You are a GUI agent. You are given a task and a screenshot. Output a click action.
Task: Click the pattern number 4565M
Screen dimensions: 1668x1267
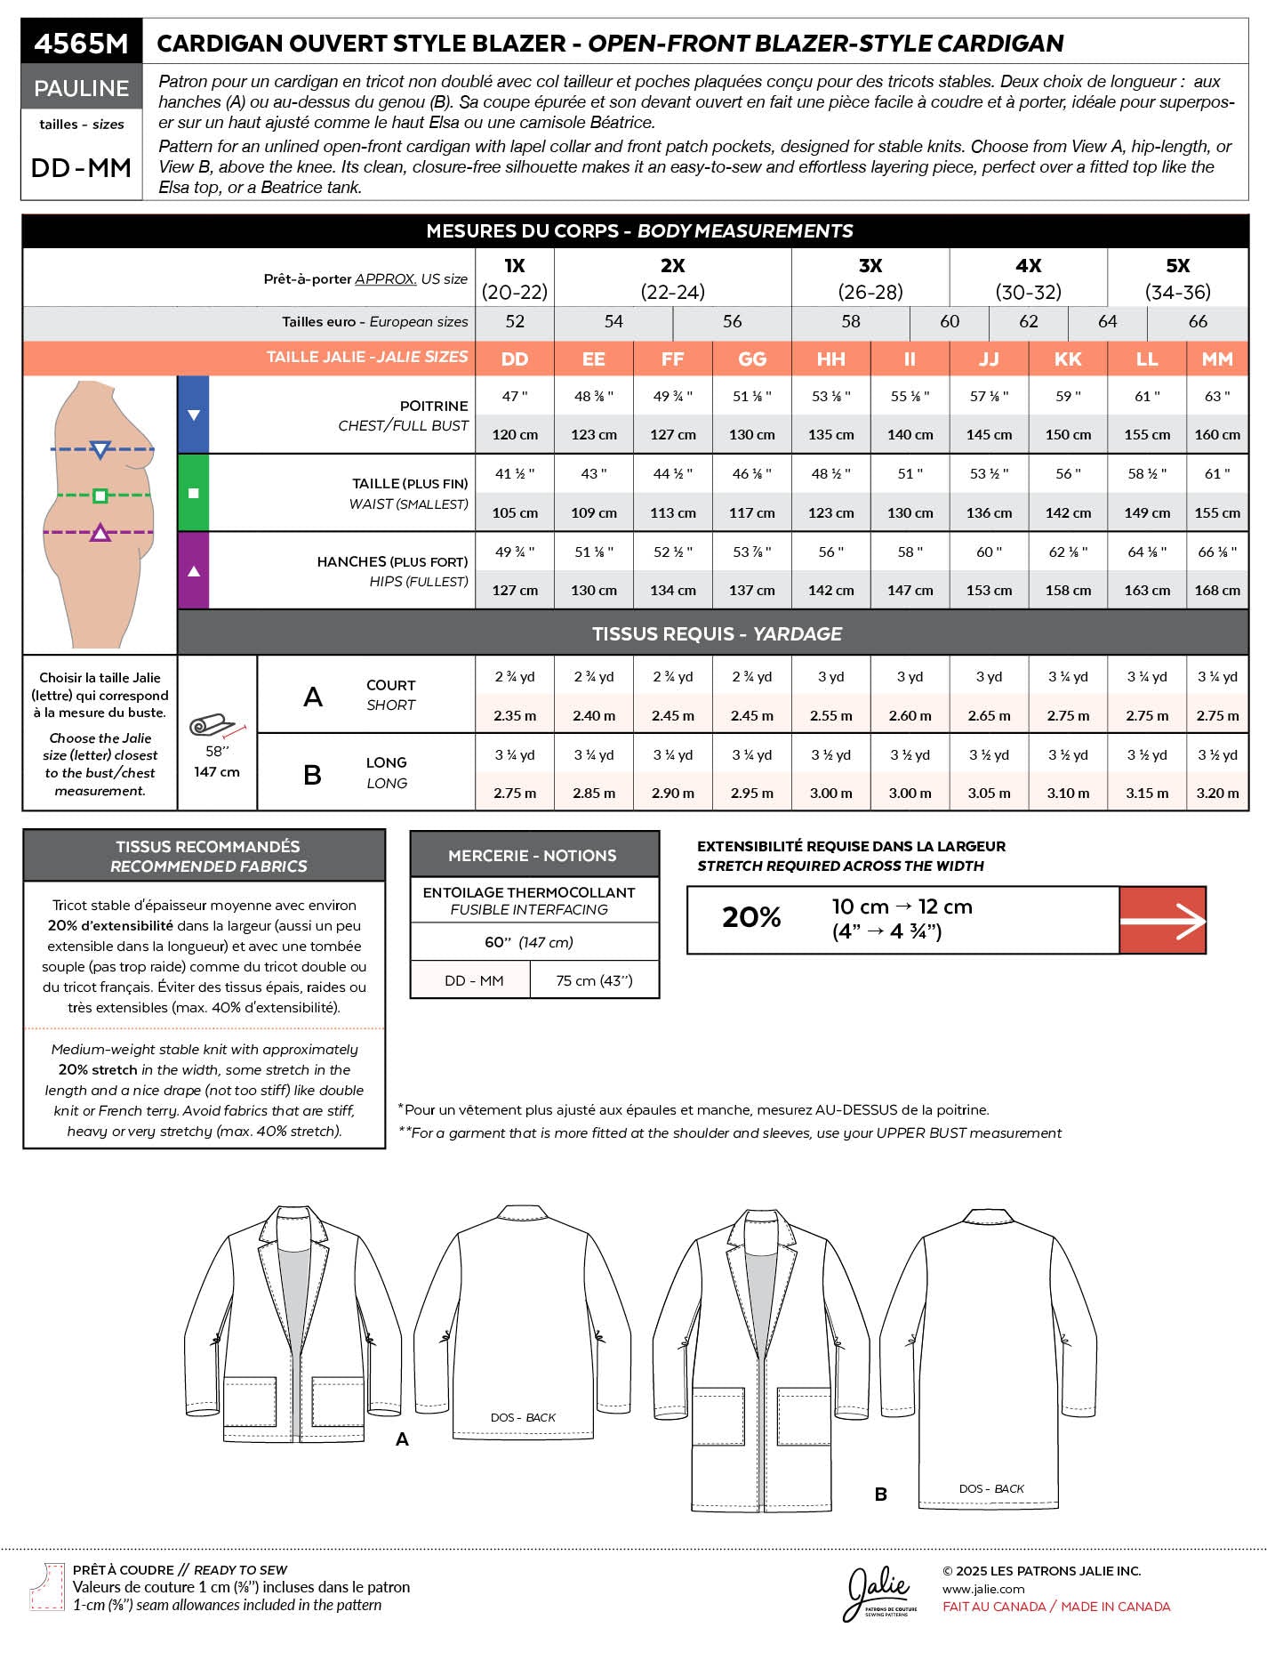[x=81, y=43]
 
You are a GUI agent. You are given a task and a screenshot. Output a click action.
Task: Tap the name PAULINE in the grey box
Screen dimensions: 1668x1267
[x=81, y=88]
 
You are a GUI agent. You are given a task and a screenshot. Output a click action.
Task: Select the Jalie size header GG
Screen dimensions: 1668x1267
[x=752, y=359]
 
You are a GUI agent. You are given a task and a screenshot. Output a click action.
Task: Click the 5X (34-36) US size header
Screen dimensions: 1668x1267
[x=1177, y=278]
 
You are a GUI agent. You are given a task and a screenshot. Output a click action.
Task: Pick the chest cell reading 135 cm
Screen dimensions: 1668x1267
[x=831, y=435]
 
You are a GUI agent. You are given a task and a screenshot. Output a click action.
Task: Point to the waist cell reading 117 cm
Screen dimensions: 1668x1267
[x=752, y=513]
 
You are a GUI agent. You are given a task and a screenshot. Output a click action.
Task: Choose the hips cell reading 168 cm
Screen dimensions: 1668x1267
[x=1217, y=591]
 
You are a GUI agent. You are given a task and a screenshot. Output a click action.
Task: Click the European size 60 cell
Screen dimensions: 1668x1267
[x=950, y=321]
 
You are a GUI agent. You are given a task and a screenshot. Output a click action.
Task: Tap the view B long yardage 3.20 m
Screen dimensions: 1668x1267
[x=1217, y=794]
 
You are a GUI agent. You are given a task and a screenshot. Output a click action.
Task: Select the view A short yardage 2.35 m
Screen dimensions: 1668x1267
[x=515, y=716]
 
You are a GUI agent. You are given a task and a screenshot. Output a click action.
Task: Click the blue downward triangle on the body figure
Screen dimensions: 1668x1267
[x=100, y=449]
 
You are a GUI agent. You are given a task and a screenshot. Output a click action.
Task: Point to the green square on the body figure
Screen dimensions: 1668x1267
[x=100, y=496]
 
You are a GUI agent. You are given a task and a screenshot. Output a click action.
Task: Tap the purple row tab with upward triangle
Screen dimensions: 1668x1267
[x=194, y=570]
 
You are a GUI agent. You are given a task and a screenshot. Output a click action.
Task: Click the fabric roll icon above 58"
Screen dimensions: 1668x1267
[x=213, y=726]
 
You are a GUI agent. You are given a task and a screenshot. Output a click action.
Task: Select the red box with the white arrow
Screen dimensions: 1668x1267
[x=1162, y=921]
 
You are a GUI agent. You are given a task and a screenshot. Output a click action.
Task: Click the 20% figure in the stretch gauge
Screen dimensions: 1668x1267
[x=751, y=918]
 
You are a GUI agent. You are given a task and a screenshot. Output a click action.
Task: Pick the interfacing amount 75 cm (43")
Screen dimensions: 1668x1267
[x=594, y=980]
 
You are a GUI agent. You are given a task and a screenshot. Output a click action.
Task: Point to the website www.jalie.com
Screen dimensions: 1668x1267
[x=983, y=1589]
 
